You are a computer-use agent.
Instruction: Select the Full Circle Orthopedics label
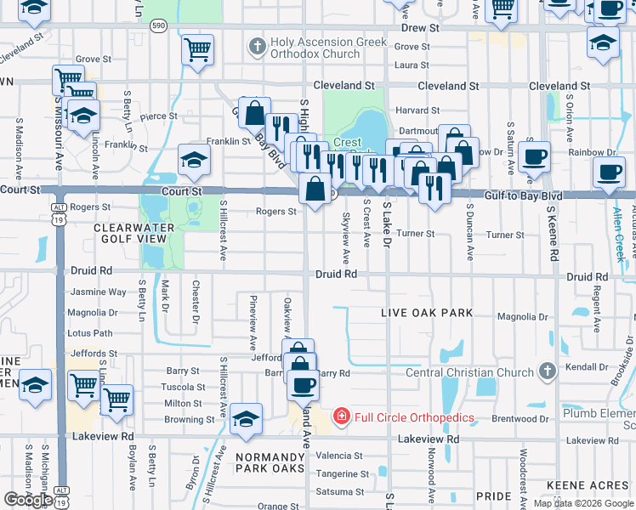click(414, 416)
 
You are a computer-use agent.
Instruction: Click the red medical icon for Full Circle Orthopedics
click(341, 416)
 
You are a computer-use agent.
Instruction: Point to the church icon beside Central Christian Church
click(547, 371)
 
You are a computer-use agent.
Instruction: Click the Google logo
click(27, 500)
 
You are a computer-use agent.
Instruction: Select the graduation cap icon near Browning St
click(246, 418)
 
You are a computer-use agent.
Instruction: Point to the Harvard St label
click(417, 110)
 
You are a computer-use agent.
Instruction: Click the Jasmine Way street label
click(99, 292)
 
